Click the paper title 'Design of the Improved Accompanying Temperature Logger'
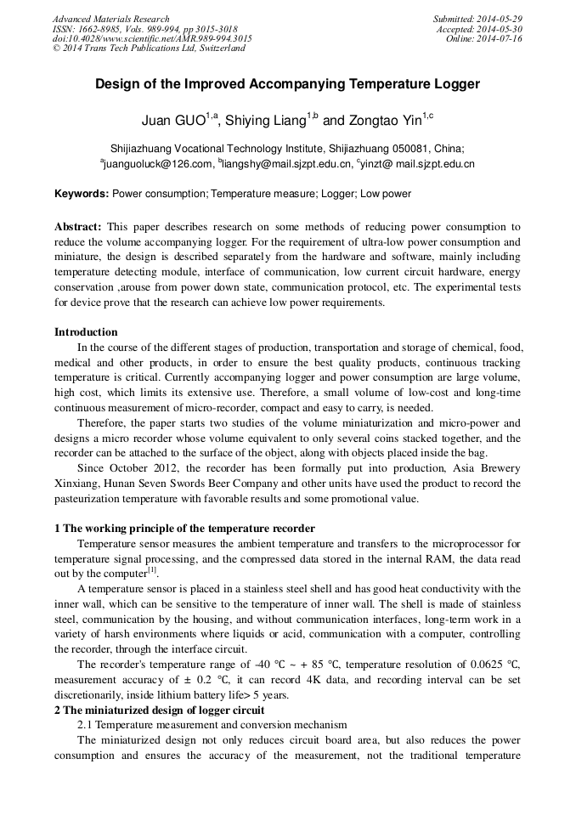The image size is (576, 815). coord(287,84)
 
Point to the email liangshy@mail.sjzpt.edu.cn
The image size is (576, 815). coord(286,164)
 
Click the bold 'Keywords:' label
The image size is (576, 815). coord(82,194)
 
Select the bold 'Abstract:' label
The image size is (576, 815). coord(78,228)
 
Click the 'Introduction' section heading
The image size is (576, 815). coord(86,332)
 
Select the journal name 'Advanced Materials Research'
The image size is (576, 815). coord(110,19)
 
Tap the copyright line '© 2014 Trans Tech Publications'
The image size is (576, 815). coord(149,48)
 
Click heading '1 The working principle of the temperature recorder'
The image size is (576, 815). coord(184,529)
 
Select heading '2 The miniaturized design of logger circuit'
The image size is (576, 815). coord(160,710)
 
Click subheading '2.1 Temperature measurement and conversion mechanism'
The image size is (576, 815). coord(212,725)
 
